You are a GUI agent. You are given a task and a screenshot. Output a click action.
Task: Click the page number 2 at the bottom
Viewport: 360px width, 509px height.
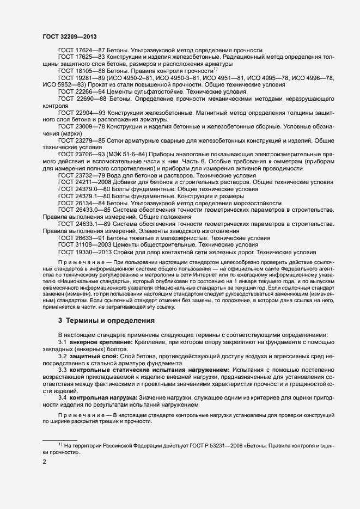[x=45, y=462]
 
